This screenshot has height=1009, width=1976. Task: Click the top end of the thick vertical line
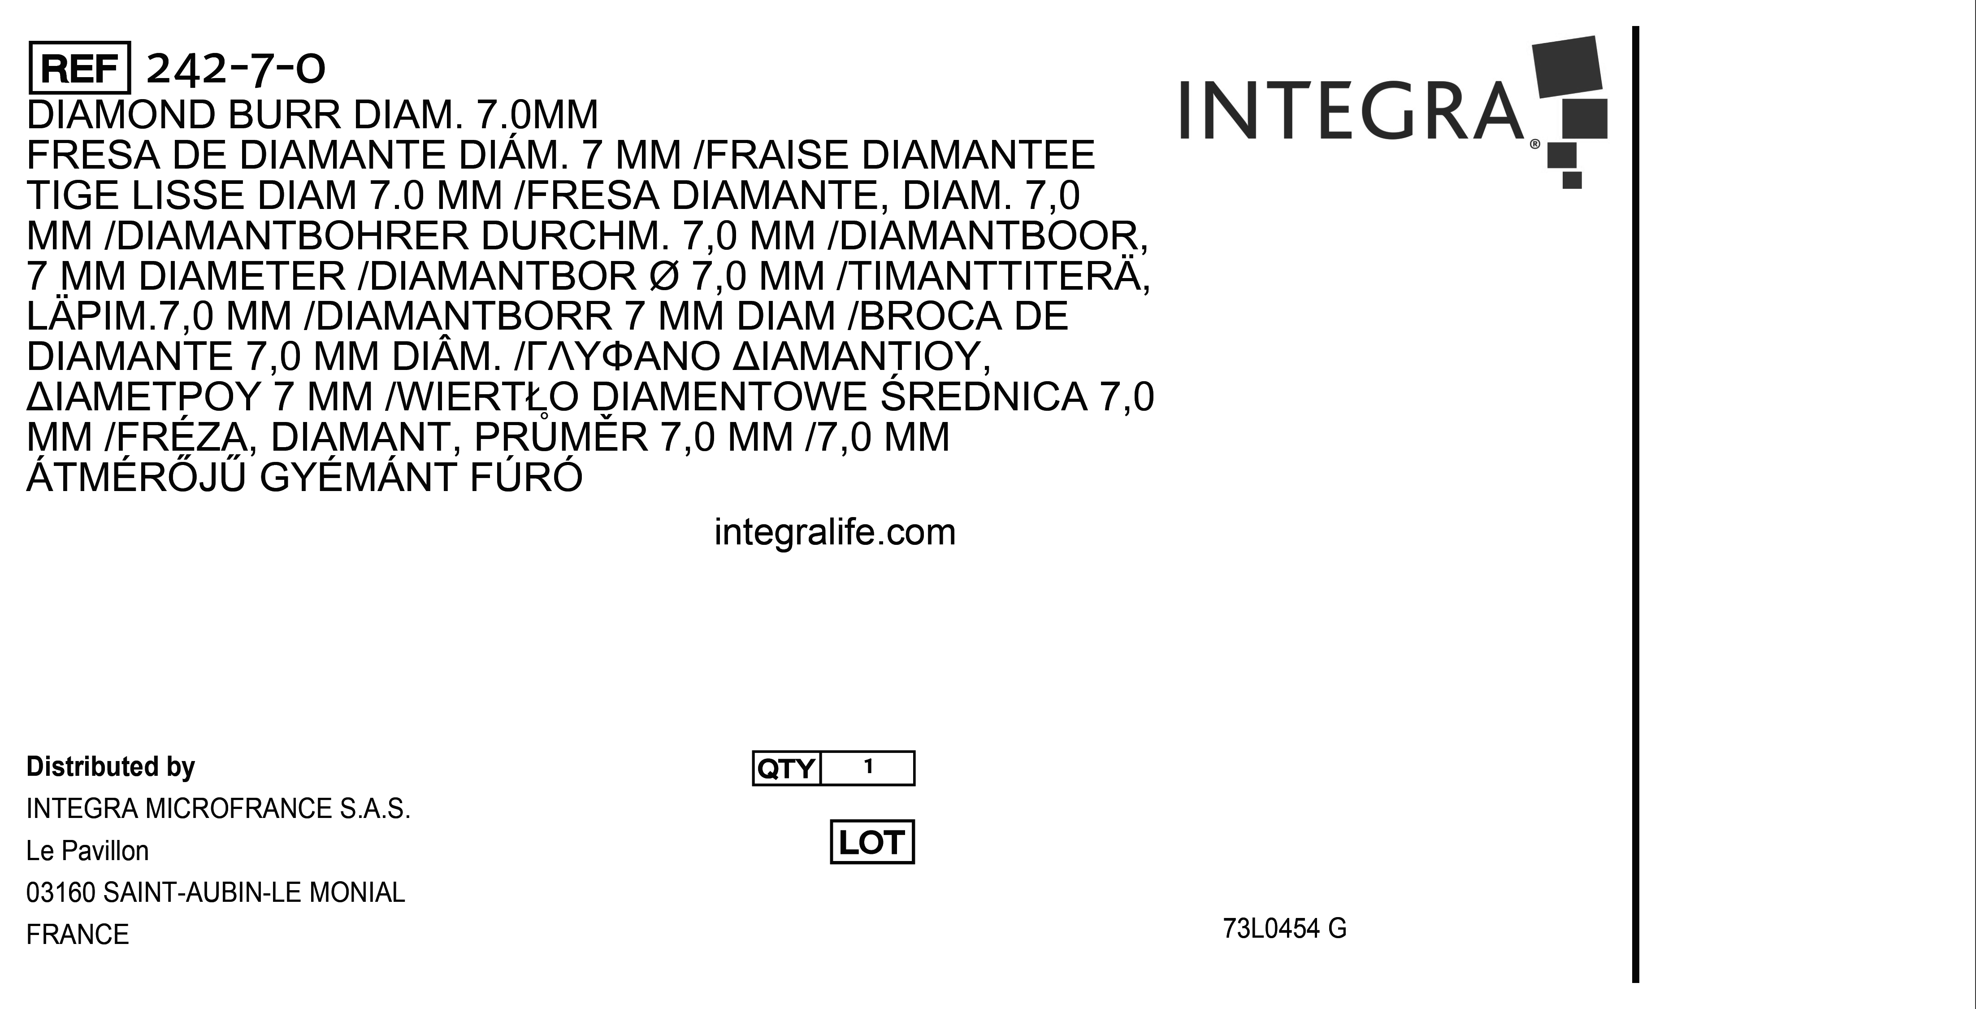pyautogui.click(x=1635, y=27)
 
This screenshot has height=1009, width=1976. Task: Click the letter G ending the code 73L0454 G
pyautogui.click(x=1337, y=928)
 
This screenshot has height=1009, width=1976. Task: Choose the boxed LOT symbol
pyautogui.click(x=872, y=842)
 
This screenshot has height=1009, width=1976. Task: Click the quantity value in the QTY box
pyautogui.click(x=868, y=766)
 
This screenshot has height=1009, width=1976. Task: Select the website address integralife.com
pyautogui.click(x=835, y=532)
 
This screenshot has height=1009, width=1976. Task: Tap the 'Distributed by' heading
pyautogui.click(x=110, y=766)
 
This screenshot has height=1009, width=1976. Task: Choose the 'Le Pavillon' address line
pyautogui.click(x=87, y=850)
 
